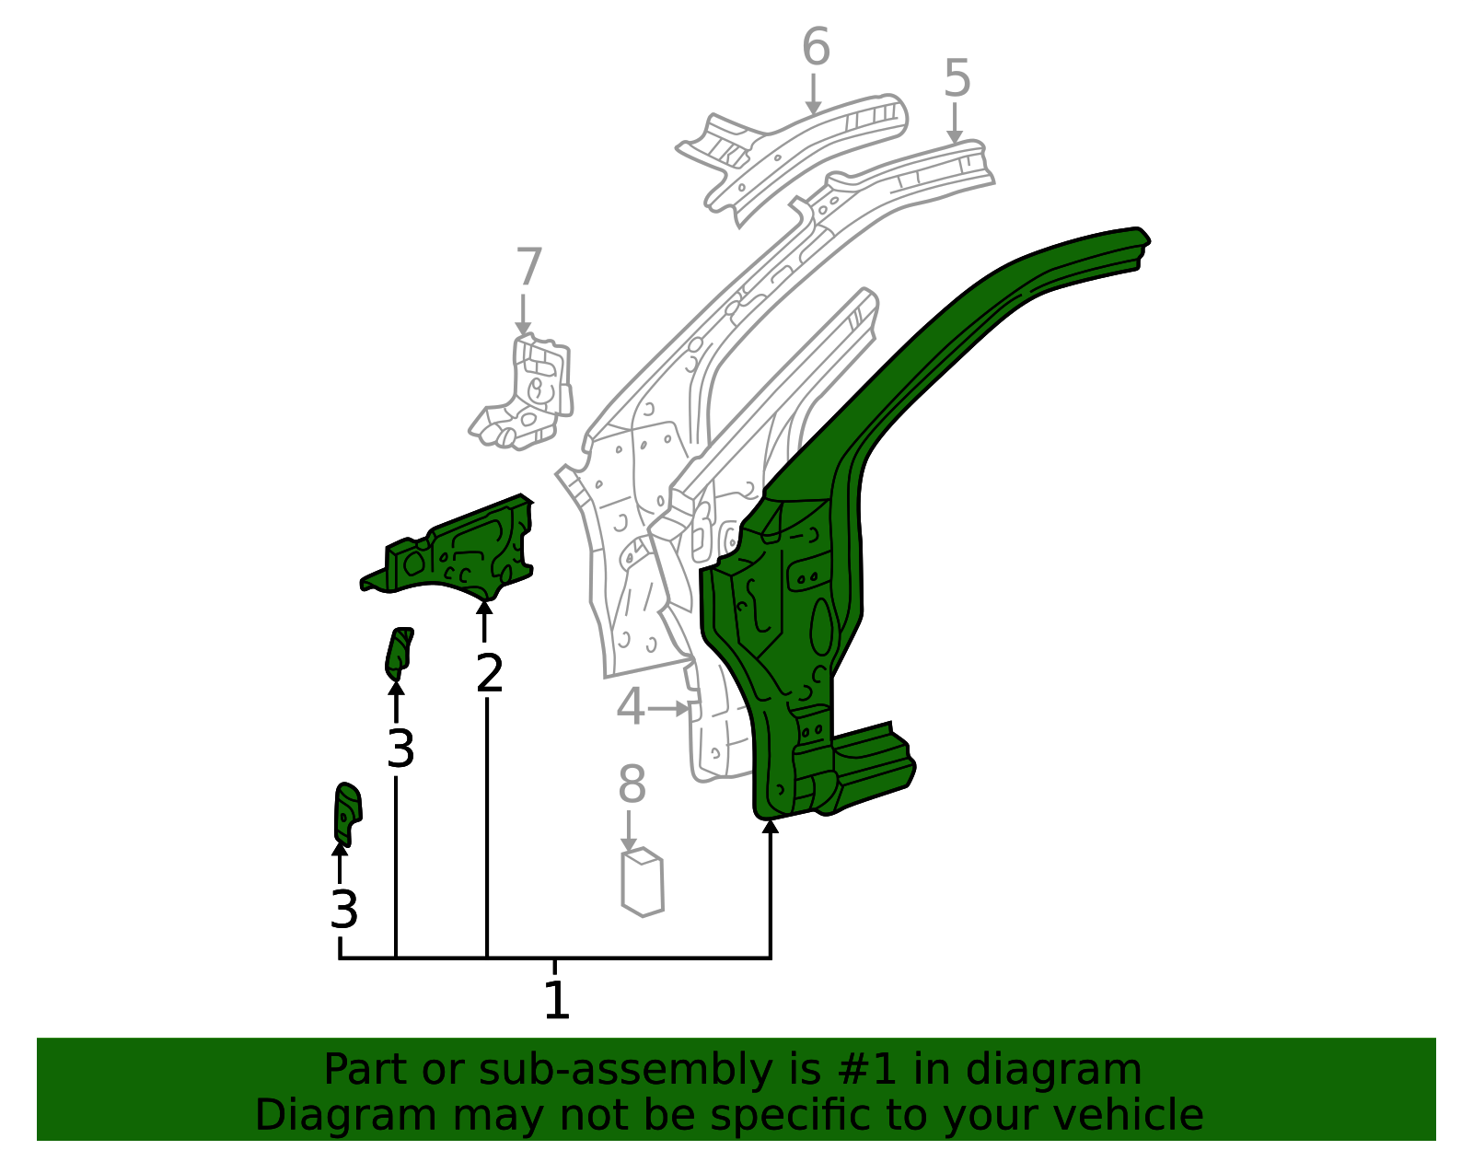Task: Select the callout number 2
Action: [490, 674]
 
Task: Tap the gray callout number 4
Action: [631, 706]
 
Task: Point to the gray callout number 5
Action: [957, 78]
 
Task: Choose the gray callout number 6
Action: [816, 47]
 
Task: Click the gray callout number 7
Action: [528, 266]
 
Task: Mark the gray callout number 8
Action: [632, 784]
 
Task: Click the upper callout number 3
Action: [400, 749]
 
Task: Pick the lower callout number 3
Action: [343, 910]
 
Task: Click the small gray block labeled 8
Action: [643, 882]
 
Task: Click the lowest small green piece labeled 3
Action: [347, 813]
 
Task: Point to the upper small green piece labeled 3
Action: [399, 654]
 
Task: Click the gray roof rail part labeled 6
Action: [793, 155]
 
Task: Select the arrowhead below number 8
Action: [629, 845]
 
